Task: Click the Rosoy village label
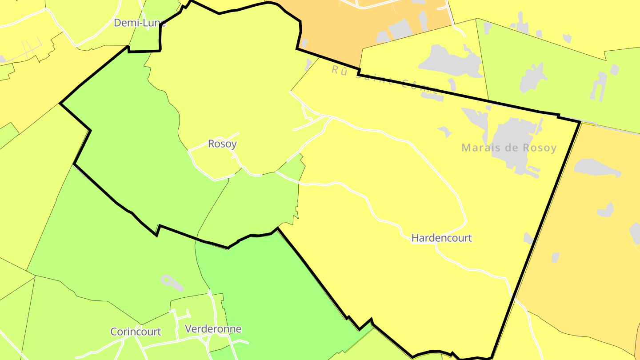222,144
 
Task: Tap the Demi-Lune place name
140,23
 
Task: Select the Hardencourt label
441,238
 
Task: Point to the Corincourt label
136,332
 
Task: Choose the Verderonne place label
213,329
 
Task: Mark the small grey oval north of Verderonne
166,281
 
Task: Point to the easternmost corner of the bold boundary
580,121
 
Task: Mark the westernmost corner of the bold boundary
60,104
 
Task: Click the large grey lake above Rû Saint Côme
449,60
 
